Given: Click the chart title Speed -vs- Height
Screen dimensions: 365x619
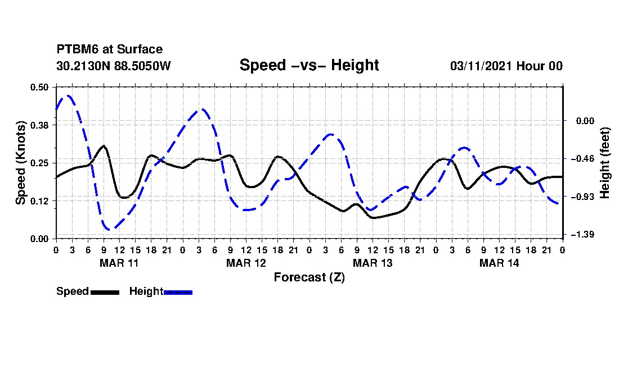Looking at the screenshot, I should coord(309,65).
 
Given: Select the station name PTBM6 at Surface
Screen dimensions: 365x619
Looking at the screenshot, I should coord(109,49).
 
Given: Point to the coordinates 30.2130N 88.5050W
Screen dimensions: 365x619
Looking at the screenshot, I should coord(113,66).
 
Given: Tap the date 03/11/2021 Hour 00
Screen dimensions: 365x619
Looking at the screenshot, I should coord(506,66).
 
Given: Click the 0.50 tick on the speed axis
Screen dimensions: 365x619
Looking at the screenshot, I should coord(40,87).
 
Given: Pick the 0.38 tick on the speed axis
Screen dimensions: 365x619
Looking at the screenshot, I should coord(40,125).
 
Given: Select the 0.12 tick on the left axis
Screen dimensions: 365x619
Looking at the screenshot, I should coord(40,201).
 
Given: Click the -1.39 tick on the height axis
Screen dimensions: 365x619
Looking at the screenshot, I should coord(581,234).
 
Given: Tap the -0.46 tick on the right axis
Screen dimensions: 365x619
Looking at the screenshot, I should coord(581,159).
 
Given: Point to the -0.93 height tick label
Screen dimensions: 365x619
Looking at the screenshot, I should coord(581,197).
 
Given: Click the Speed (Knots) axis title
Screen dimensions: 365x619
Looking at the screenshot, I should coord(21,163).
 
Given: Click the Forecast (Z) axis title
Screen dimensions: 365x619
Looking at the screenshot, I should coord(309,277).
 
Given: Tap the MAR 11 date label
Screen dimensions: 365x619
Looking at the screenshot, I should coord(119,263).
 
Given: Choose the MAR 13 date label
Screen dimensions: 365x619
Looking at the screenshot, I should coord(372,263).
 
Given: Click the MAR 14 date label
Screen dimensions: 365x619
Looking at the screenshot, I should coord(499,263).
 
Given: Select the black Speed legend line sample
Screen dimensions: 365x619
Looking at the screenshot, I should coord(105,292).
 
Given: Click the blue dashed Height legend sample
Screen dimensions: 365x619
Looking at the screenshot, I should coord(178,292).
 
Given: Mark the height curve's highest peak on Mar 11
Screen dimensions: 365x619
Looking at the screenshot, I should coord(68,95).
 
